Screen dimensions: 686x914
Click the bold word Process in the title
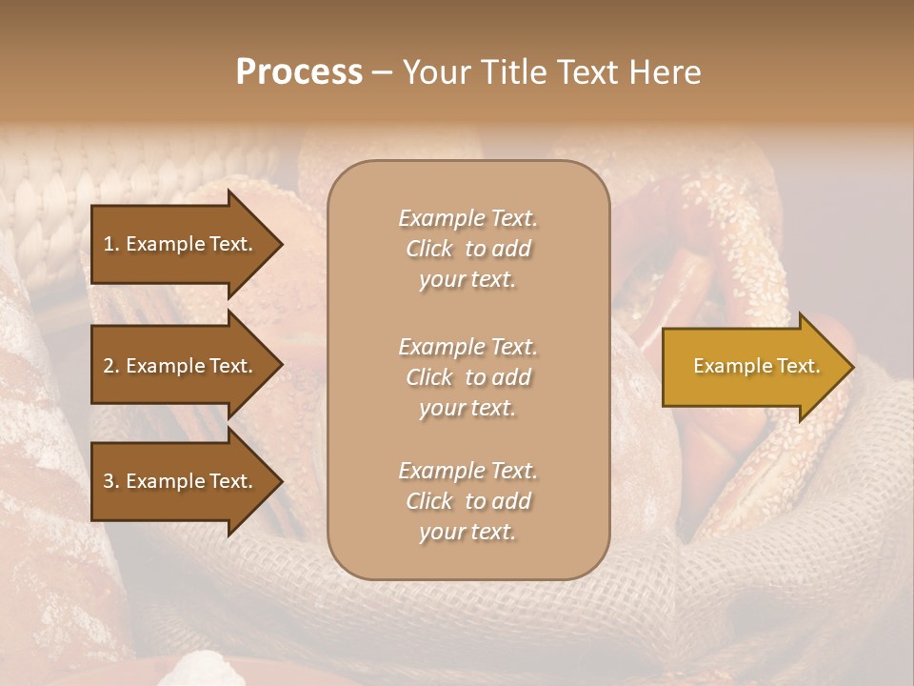[299, 72]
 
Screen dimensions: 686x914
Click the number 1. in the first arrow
[111, 244]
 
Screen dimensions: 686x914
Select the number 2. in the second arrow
[111, 366]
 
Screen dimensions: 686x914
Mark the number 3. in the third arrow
[111, 481]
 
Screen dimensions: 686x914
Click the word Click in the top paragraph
[429, 249]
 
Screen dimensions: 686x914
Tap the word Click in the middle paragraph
[429, 377]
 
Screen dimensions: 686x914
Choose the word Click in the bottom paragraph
[429, 501]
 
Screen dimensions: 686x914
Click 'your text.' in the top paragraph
[467, 279]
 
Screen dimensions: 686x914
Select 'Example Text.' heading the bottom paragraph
[467, 471]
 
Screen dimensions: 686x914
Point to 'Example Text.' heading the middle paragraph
[467, 347]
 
